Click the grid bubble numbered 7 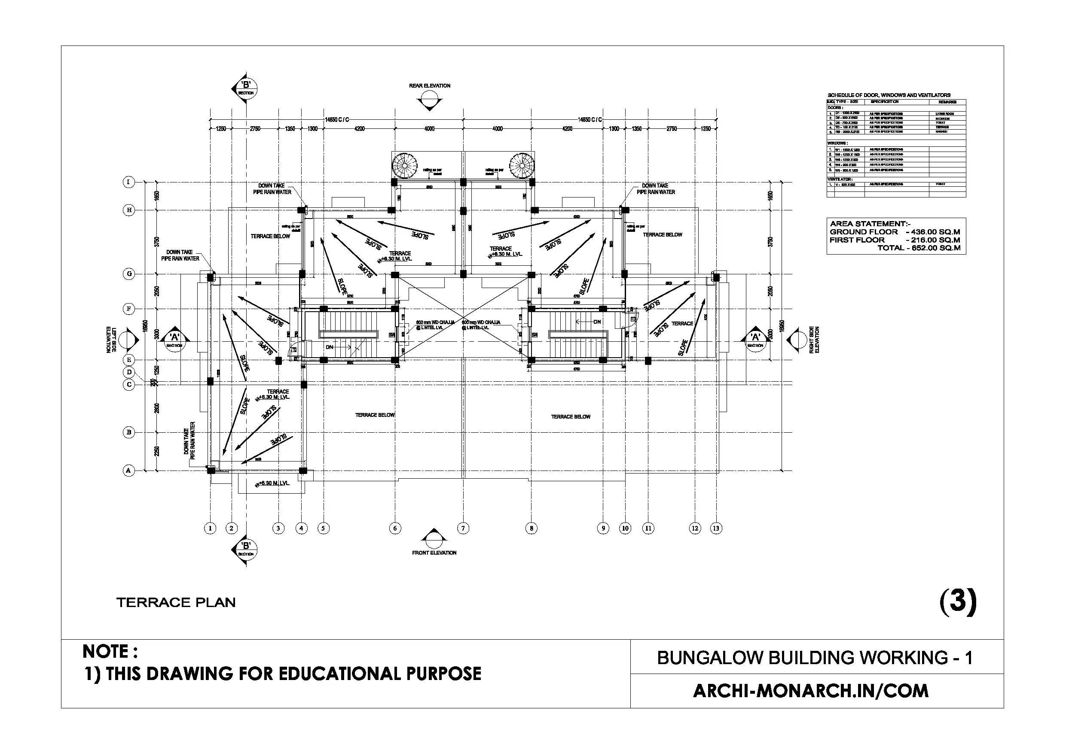coord(463,528)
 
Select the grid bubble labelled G coord(129,274)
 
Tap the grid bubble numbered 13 coord(716,528)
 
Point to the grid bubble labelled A coord(128,471)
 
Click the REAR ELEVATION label coord(430,86)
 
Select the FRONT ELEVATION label coord(434,553)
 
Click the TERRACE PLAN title coord(176,602)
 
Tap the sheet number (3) coord(958,601)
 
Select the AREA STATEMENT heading coord(870,224)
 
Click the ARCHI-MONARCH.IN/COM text coord(811,691)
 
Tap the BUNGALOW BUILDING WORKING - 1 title coord(814,657)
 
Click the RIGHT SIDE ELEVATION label coord(814,340)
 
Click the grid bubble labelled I coord(128,182)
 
